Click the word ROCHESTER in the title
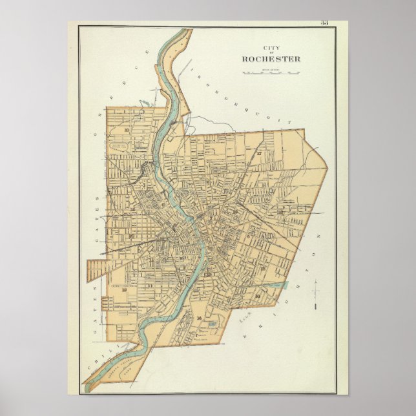pyautogui.click(x=271, y=59)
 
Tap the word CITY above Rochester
pyautogui.click(x=271, y=47)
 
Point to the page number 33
pyautogui.click(x=324, y=23)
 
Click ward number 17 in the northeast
pyautogui.click(x=258, y=154)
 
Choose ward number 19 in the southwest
pyautogui.click(x=124, y=289)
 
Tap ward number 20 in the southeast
pyautogui.click(x=257, y=296)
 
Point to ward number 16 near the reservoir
pyautogui.click(x=199, y=318)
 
